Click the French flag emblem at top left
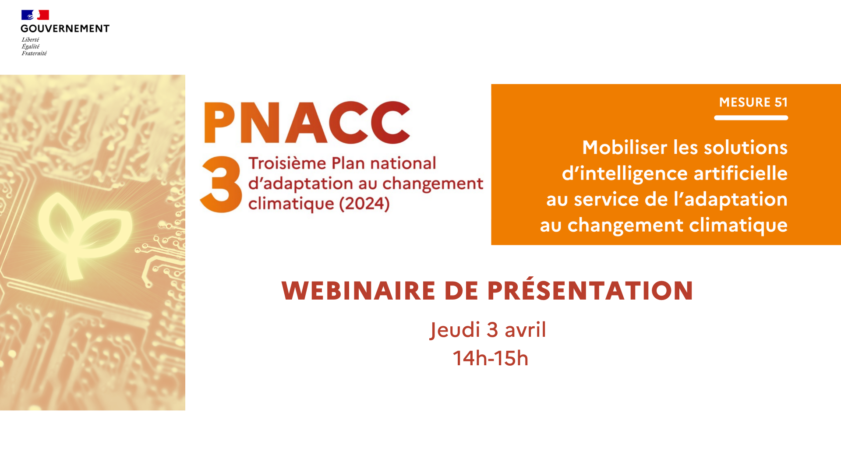pos(35,15)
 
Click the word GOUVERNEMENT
pos(65,28)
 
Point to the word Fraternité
pos(34,53)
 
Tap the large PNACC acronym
pos(307,123)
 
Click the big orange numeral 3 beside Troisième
pos(221,184)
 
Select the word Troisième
pos(287,163)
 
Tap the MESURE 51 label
pos(753,102)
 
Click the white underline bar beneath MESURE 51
pos(751,118)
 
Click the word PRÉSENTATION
pos(590,290)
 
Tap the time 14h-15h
pos(491,358)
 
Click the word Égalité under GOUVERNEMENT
pos(31,46)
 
